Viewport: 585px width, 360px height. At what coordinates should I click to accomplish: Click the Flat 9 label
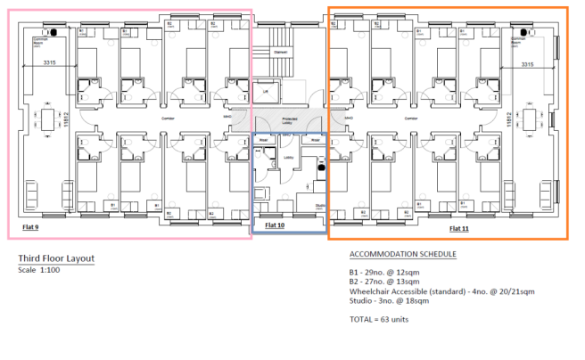click(x=30, y=227)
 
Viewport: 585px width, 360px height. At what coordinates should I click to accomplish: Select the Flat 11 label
click(x=459, y=228)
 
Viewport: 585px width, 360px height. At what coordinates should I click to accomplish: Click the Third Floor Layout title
click(x=56, y=259)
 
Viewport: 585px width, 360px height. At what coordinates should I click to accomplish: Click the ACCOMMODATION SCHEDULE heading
click(x=402, y=254)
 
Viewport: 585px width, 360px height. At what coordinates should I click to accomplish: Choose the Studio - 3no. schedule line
click(x=390, y=302)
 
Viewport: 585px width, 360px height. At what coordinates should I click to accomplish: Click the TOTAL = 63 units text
click(x=379, y=318)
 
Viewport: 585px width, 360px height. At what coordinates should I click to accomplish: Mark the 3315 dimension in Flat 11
click(x=526, y=63)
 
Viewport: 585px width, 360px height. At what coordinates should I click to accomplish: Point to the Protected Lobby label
click(x=290, y=119)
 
